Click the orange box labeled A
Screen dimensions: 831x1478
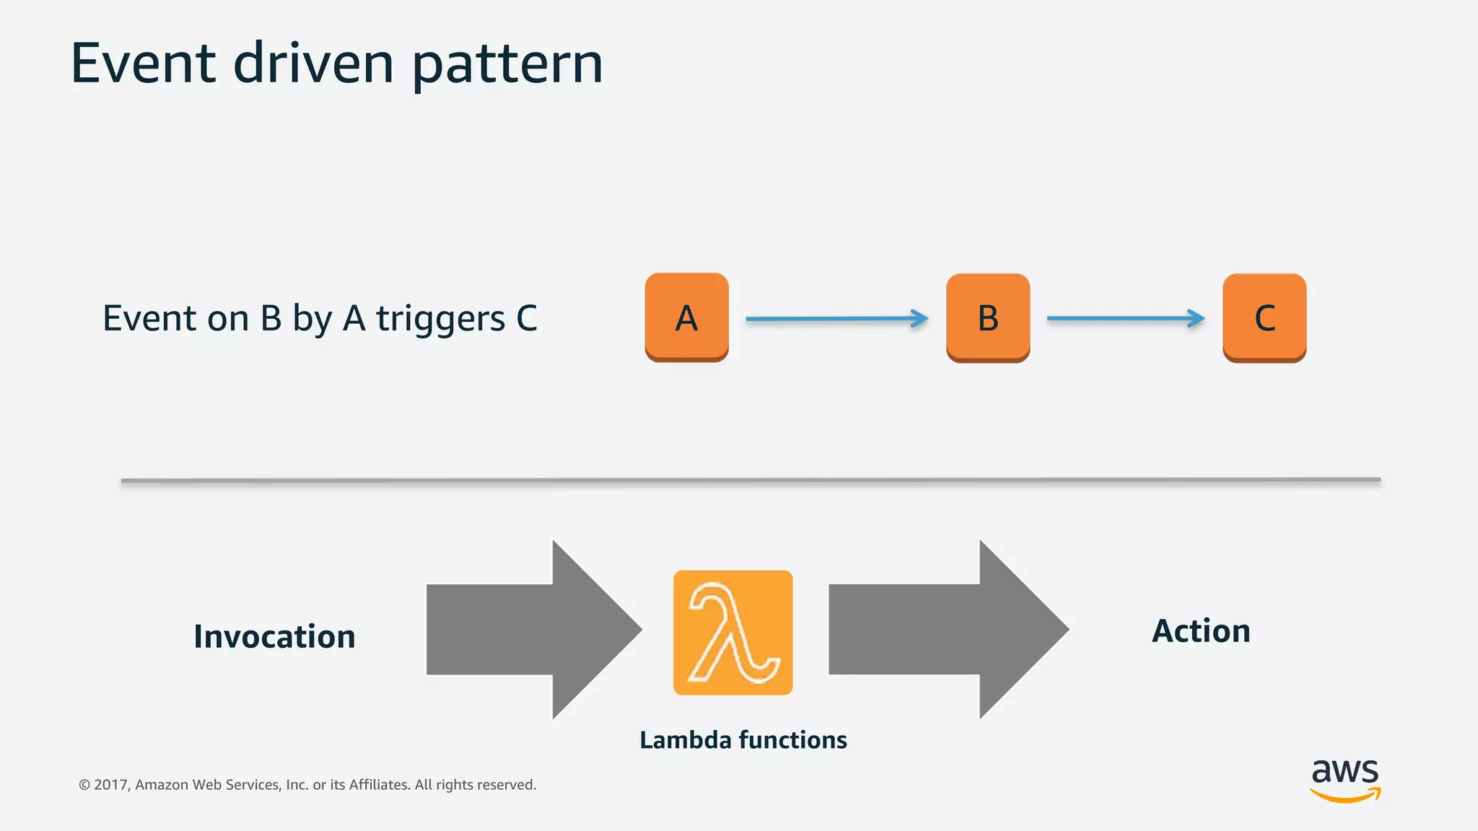pos(686,317)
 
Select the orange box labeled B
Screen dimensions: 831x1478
pos(987,317)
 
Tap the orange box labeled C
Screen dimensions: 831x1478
pos(1264,317)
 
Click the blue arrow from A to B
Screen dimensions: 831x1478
pos(837,318)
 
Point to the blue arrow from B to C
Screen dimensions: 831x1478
pos(1126,318)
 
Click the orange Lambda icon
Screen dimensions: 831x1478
pos(733,633)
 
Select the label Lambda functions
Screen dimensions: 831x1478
pos(743,740)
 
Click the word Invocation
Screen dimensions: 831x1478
pos(274,637)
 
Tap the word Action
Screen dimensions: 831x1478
pos(1201,631)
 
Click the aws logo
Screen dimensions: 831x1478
pos(1344,779)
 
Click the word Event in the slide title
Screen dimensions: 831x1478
pos(143,63)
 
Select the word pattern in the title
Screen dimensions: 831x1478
pos(507,65)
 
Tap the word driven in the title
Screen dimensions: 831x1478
pos(313,63)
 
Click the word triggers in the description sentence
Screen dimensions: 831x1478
pos(440,319)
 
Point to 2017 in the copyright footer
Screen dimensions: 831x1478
pos(110,785)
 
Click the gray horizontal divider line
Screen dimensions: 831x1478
pos(751,480)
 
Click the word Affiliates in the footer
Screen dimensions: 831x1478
pos(379,785)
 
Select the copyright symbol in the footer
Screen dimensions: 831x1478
pos(84,785)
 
